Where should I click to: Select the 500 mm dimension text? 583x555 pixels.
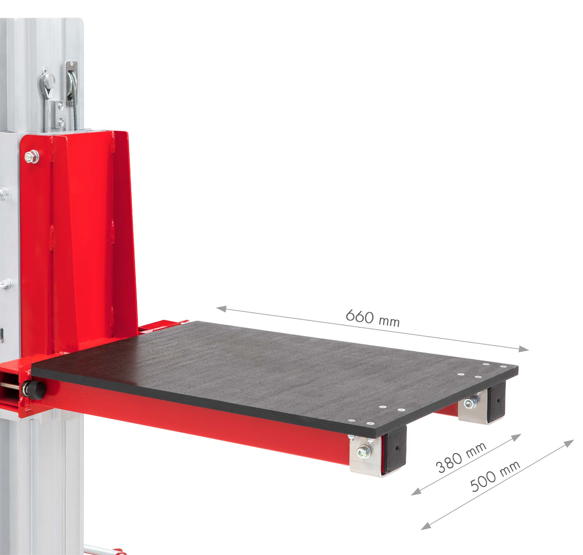coord(495,476)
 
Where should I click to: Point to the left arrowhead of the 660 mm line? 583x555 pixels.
coord(221,309)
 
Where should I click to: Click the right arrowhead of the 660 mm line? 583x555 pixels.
coord(524,349)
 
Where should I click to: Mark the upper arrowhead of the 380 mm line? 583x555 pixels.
coord(516,437)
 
